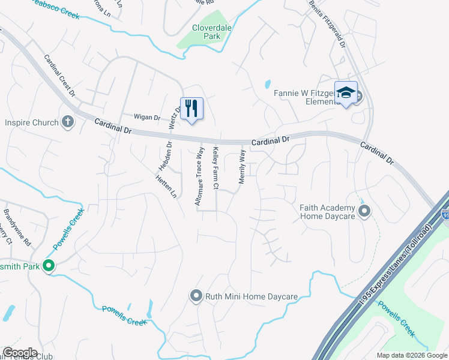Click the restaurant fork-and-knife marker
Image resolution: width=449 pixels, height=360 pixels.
[x=192, y=109]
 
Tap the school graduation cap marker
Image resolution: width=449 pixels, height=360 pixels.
[x=346, y=93]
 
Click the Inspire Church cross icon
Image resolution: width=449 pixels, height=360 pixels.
[x=68, y=122]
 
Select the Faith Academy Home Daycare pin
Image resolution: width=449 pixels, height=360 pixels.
[x=364, y=211]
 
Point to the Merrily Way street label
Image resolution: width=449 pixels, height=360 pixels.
[x=243, y=166]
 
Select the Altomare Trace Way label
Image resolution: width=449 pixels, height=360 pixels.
[x=199, y=176]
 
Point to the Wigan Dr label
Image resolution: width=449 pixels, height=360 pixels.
[x=147, y=118]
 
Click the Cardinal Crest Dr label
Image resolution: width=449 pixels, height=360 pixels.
[x=59, y=76]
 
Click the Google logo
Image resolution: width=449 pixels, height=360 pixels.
[x=20, y=353]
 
